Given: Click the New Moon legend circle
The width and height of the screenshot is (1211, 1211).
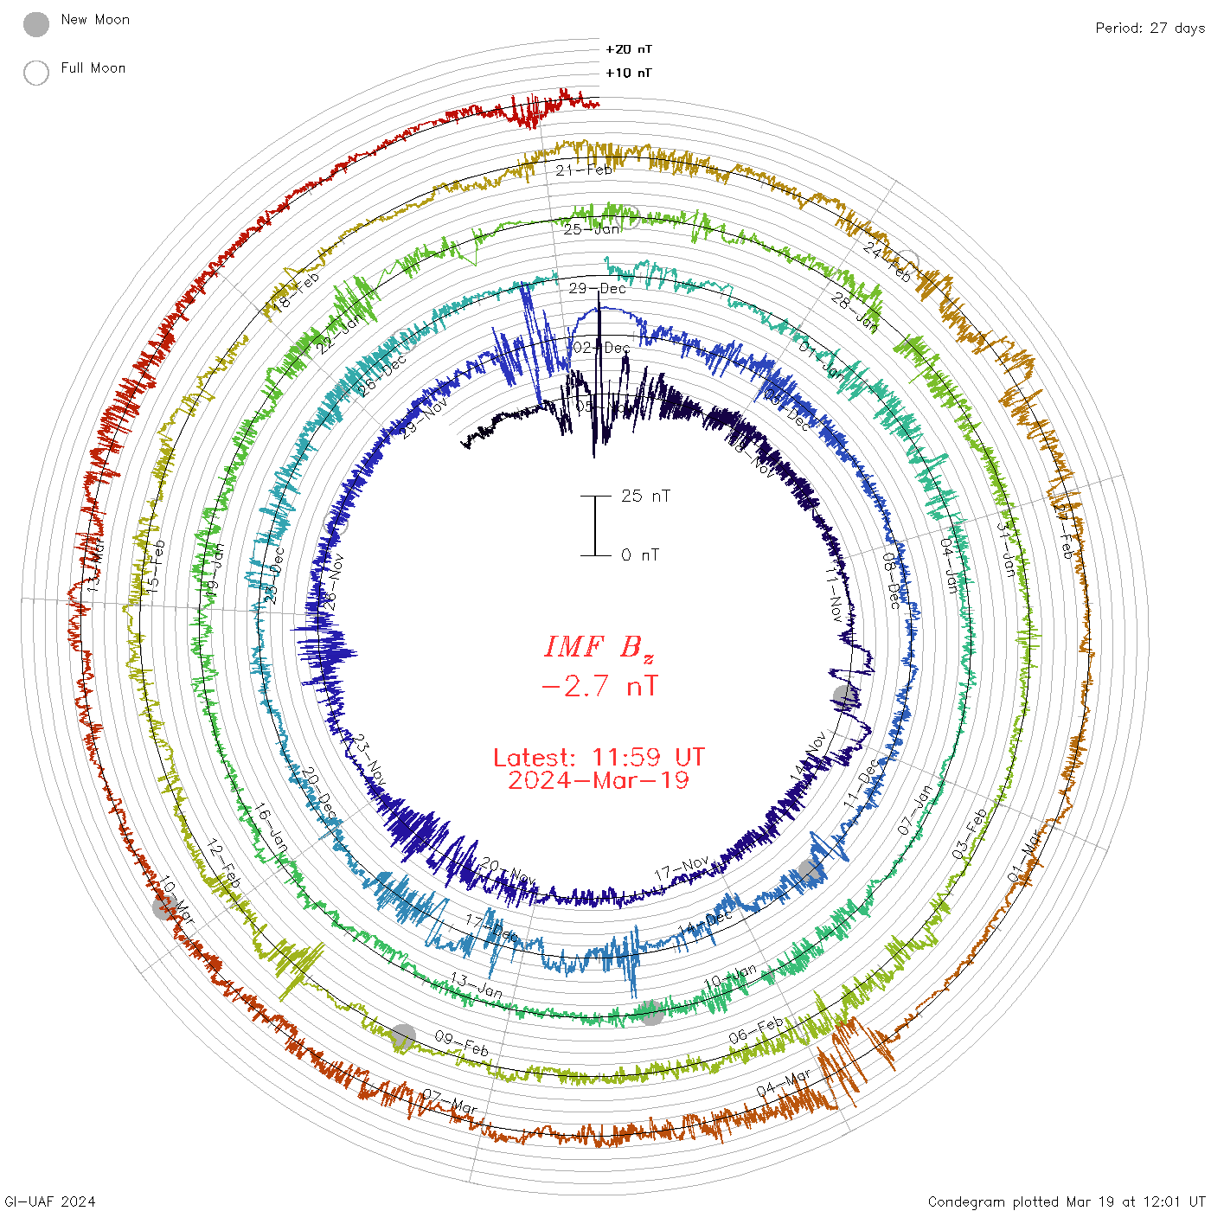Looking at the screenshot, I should tap(36, 24).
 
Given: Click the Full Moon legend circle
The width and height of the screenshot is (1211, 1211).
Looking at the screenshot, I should tap(36, 73).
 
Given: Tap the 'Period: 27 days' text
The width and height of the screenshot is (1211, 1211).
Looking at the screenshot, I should tap(1150, 29).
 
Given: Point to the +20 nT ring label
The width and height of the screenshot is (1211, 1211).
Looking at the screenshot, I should tap(629, 49).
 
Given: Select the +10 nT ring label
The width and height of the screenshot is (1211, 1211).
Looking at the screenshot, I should tap(629, 74).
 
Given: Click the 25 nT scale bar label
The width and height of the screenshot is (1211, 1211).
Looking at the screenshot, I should tap(645, 497).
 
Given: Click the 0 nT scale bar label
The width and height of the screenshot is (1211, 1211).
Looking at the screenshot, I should tap(640, 555).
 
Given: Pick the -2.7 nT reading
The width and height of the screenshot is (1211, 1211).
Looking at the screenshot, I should tap(599, 687).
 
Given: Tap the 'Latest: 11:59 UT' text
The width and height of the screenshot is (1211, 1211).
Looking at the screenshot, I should tap(599, 758).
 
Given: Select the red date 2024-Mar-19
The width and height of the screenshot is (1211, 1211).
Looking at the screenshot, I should tap(599, 781).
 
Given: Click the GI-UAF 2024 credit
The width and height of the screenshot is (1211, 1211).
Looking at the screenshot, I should tap(50, 1201).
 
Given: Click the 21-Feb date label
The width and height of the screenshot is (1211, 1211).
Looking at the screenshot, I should tap(584, 170).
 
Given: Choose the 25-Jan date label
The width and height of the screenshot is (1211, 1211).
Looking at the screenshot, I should tap(593, 229).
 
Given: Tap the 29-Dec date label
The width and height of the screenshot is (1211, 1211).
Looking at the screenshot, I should tap(598, 288).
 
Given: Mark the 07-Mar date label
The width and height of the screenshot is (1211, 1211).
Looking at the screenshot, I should tap(450, 1101).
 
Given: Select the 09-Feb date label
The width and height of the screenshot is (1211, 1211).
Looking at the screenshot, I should tap(462, 1043).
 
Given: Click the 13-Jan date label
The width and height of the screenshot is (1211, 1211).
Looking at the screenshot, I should tap(476, 985).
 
